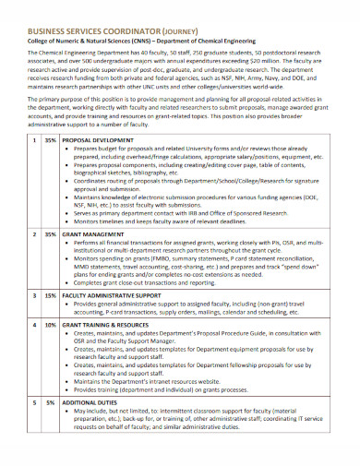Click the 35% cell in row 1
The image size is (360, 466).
click(52, 140)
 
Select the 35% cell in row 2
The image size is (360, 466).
click(52, 235)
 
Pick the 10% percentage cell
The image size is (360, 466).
click(52, 325)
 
